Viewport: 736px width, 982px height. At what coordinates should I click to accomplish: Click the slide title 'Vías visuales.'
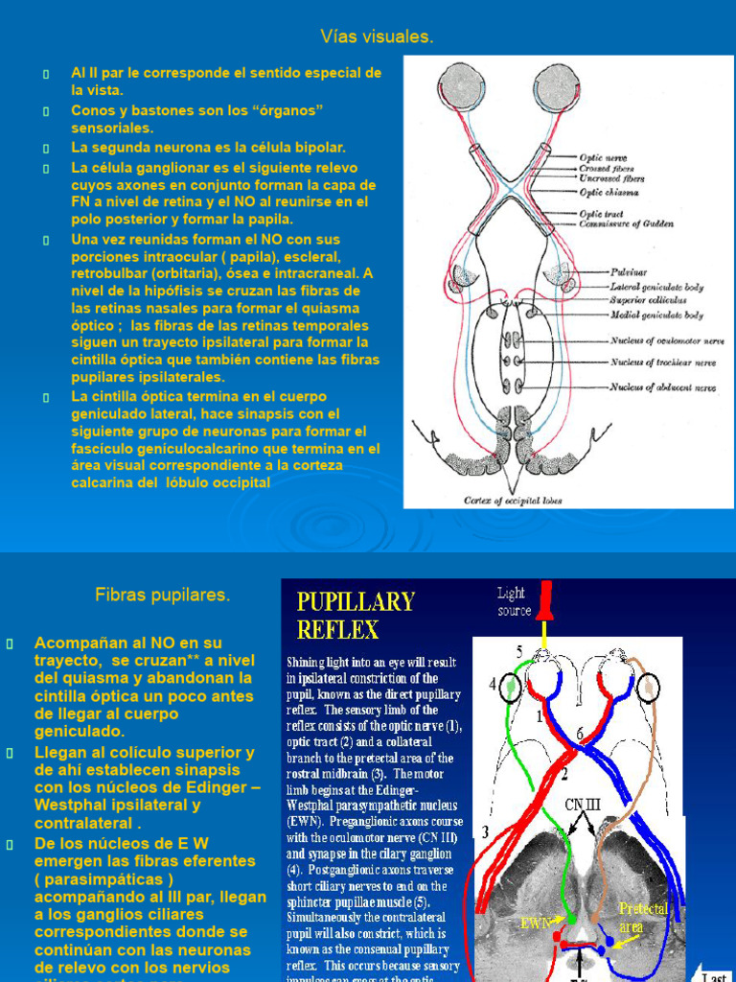376,37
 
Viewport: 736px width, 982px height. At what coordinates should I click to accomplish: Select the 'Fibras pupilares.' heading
163,596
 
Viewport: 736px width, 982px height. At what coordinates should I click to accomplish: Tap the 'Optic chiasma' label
609,193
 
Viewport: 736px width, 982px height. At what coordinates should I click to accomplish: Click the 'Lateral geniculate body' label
656,287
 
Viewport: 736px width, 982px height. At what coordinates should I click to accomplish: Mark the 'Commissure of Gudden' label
639,224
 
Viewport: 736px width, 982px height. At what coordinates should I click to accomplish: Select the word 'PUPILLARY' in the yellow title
356,602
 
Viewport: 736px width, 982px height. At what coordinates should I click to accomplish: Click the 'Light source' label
515,601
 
